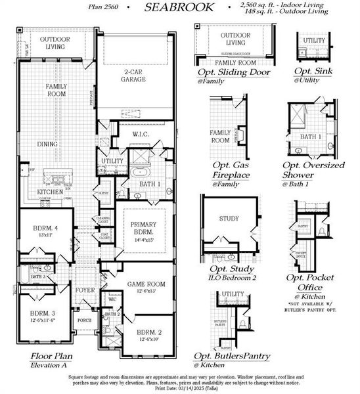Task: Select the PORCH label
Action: pos(85,321)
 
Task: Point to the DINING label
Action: pos(47,144)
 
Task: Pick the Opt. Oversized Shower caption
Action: pos(313,169)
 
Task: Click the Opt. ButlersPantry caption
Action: pos(232,355)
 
